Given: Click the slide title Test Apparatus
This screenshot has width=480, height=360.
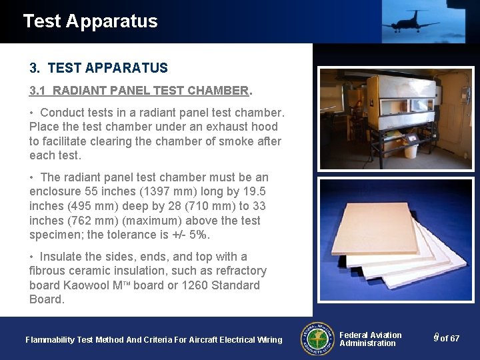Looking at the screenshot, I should pyautogui.click(x=90, y=21).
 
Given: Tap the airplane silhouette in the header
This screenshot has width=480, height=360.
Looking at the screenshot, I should pyautogui.click(x=411, y=21).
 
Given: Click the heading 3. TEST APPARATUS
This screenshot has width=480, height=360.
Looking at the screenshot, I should pyautogui.click(x=99, y=68).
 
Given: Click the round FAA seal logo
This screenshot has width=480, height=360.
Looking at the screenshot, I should pyautogui.click(x=319, y=339).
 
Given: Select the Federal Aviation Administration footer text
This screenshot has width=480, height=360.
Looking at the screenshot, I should pyautogui.click(x=370, y=339).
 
